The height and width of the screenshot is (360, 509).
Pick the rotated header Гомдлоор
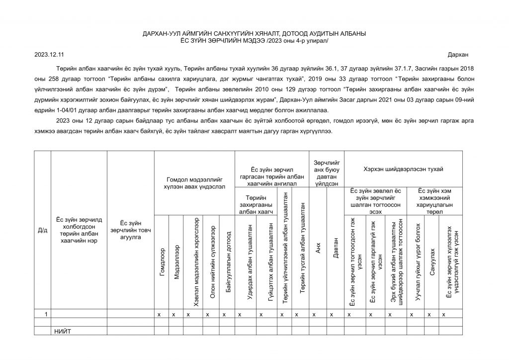point(162,262)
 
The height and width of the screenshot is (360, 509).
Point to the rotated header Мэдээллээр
point(177,262)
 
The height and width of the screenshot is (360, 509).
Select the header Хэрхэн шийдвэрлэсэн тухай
point(403,170)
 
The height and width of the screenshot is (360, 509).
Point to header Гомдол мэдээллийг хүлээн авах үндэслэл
point(191,182)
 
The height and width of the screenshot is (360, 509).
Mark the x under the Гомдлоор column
point(159,314)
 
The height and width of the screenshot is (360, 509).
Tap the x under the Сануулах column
point(428,314)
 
